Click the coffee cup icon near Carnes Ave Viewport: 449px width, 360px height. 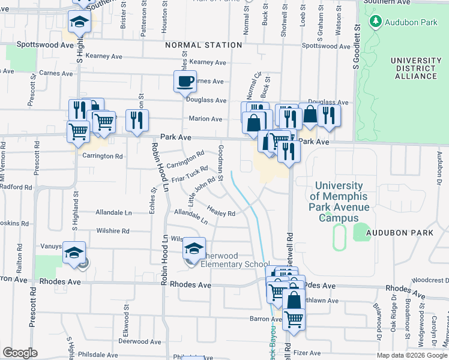[x=185, y=80]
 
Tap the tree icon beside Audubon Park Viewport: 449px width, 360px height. [x=376, y=22]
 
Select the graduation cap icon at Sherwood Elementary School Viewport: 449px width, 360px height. [x=194, y=248]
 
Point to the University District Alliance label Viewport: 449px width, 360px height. [x=414, y=68]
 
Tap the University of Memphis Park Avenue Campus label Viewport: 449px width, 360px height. [x=339, y=202]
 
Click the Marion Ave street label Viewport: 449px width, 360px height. [x=205, y=119]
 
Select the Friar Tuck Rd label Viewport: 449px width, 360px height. [x=190, y=175]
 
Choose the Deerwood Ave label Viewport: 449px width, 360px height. [x=140, y=341]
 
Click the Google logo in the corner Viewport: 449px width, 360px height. [x=20, y=353]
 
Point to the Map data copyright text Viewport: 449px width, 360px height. [x=411, y=355]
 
